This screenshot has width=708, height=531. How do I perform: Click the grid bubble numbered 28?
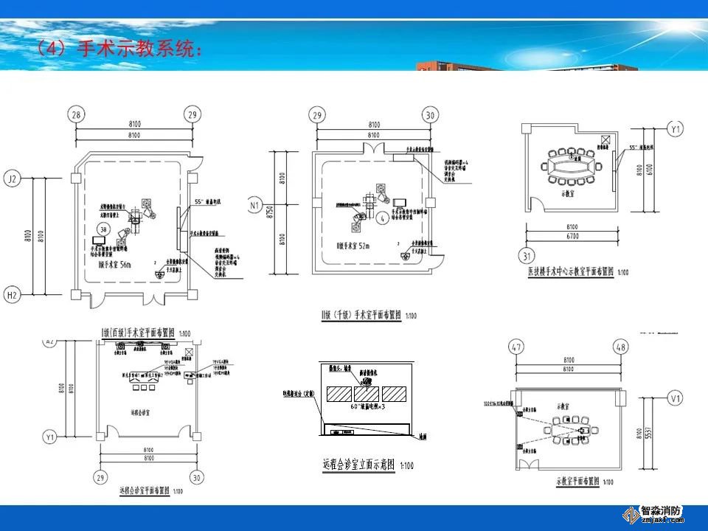point(75,114)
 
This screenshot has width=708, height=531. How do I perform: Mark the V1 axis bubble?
point(673,399)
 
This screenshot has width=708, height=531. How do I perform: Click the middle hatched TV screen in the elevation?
point(366,393)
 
